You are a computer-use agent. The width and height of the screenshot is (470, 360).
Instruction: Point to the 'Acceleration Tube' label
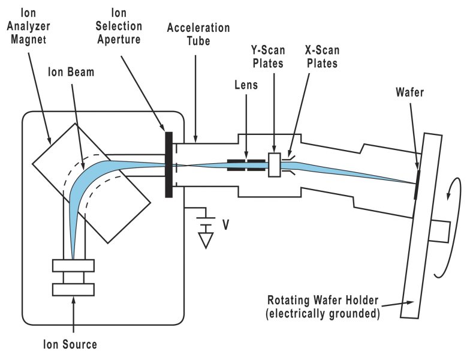tap(198, 34)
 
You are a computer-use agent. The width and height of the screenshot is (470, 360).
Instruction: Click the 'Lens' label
tap(246, 85)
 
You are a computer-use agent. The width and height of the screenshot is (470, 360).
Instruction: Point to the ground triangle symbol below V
tap(207, 241)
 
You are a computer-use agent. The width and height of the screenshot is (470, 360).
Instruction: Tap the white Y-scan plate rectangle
tap(275, 165)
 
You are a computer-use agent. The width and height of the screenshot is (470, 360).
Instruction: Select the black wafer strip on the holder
tap(417, 184)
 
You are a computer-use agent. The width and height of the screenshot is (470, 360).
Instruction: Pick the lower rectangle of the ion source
tap(73, 289)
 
